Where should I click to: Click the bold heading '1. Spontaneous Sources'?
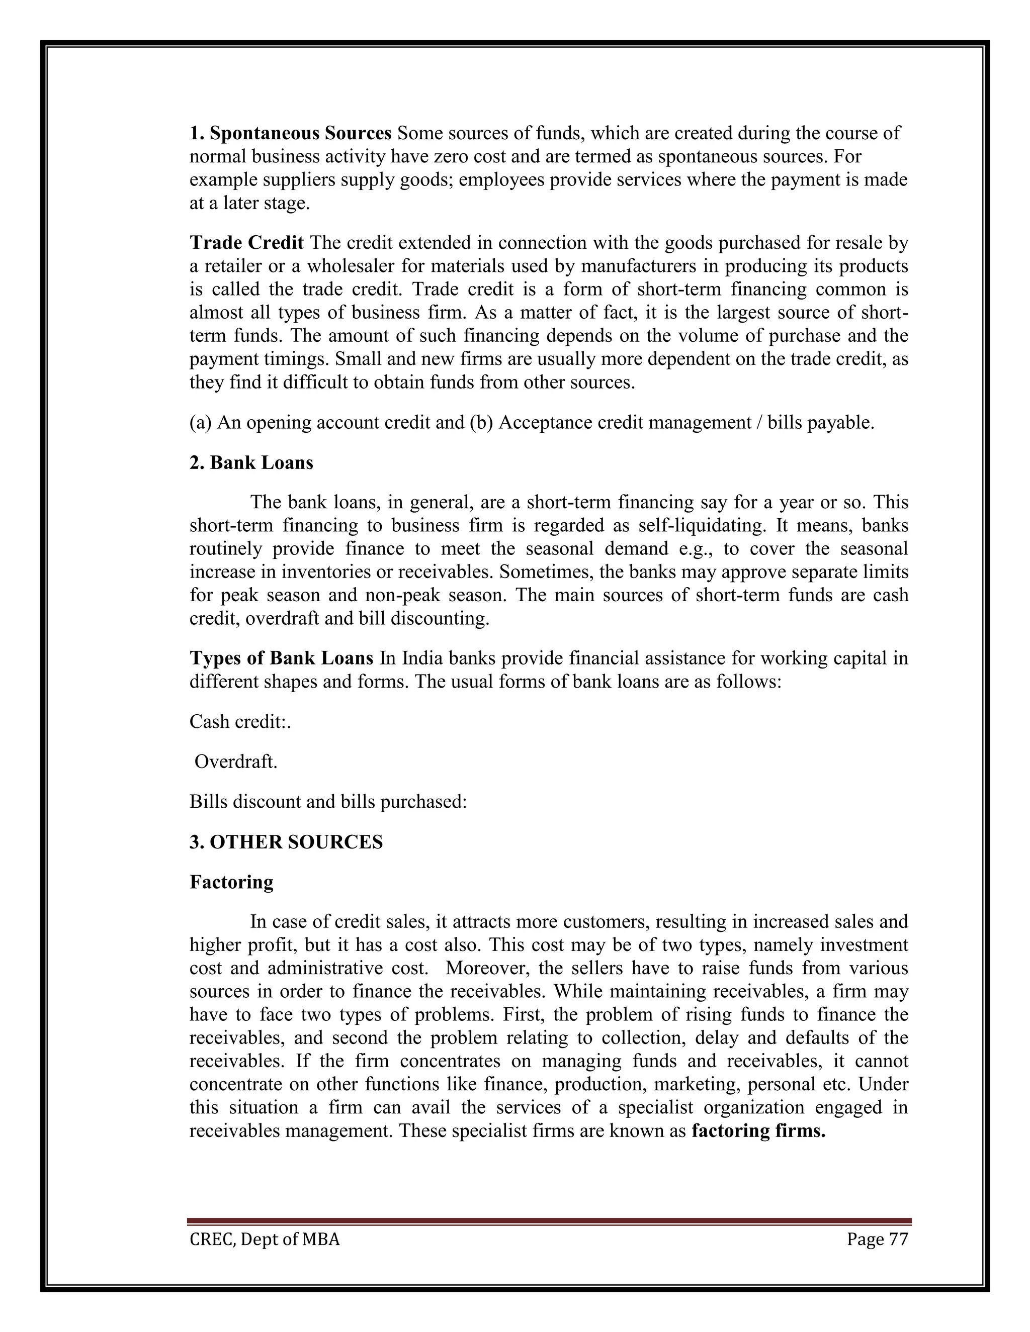click(x=291, y=133)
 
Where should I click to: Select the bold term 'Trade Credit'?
click(x=246, y=243)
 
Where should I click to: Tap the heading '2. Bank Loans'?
click(x=251, y=463)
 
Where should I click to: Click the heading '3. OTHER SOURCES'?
click(x=286, y=842)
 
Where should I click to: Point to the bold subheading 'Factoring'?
click(x=231, y=882)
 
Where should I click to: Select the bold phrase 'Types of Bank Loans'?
click(x=281, y=658)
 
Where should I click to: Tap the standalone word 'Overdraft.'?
click(x=235, y=762)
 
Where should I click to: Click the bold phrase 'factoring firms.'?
click(x=758, y=1131)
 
